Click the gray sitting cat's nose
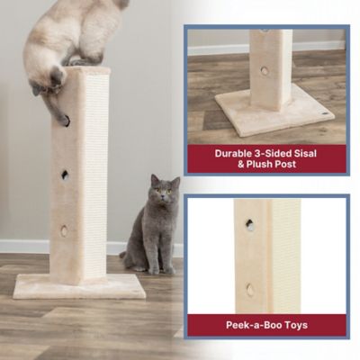(x=164, y=200)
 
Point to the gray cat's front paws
(x=154, y=269)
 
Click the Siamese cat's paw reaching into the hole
(x=64, y=118)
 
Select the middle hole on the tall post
(x=65, y=175)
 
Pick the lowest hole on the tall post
(x=64, y=230)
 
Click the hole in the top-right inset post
(x=265, y=70)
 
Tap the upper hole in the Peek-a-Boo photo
(x=249, y=225)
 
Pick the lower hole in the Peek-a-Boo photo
(x=250, y=289)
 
